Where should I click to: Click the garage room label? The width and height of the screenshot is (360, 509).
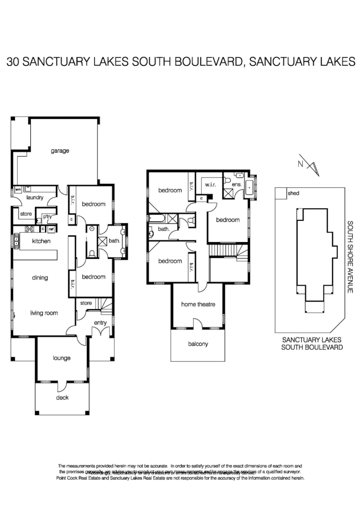point(60,151)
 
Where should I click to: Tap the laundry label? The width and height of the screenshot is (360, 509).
point(35,197)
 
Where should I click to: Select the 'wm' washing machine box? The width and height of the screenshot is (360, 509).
point(18,190)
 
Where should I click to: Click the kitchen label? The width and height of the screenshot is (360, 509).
point(41,241)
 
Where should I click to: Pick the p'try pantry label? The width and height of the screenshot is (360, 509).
point(47,217)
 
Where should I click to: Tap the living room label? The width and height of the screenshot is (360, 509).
point(44,313)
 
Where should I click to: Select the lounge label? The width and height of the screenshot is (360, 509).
point(62,358)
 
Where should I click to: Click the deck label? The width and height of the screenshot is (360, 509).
point(62,398)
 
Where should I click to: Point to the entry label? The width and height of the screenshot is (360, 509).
point(100,323)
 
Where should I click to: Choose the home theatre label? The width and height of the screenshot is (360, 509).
point(198,304)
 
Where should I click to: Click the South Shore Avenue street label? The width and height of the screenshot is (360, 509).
point(351,257)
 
